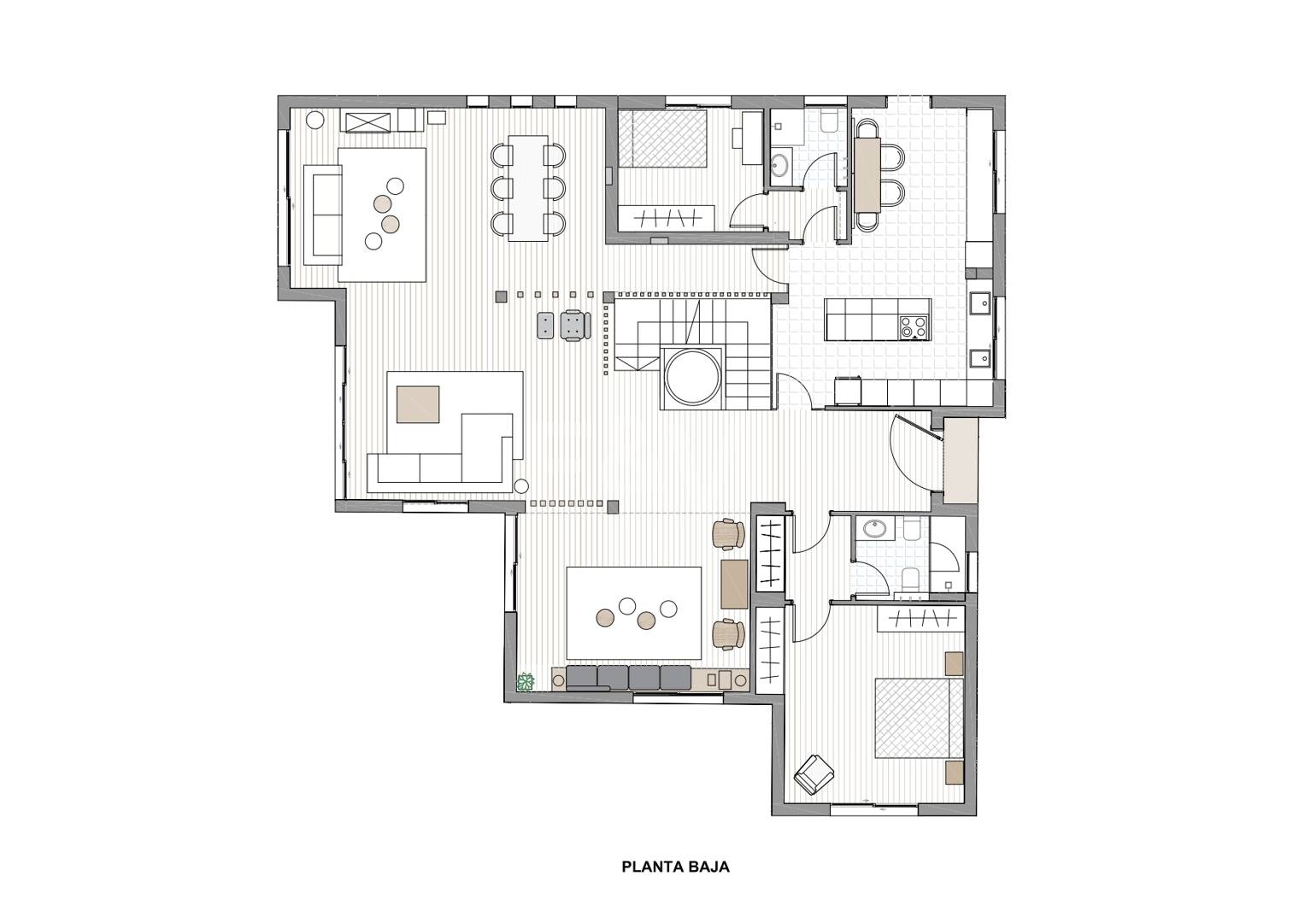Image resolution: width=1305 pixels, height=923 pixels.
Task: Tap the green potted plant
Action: click(x=526, y=681)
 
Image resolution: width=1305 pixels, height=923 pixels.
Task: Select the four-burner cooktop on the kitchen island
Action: click(x=913, y=326)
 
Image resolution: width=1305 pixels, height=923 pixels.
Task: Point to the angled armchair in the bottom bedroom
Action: click(x=814, y=773)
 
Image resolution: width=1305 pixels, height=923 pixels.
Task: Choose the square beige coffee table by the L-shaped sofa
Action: click(x=418, y=403)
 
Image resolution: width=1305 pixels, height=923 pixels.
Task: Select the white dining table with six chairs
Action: click(x=528, y=188)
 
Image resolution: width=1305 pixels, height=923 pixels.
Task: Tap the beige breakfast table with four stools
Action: click(x=867, y=174)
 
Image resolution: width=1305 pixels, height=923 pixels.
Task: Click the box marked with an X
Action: click(x=368, y=122)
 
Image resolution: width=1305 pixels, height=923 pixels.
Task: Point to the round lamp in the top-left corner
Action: click(x=315, y=120)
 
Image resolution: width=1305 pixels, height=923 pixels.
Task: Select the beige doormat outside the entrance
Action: click(x=960, y=460)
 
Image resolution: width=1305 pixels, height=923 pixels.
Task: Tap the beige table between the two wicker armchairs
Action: click(x=735, y=584)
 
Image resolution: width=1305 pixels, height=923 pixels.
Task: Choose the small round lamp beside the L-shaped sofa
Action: click(x=521, y=485)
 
